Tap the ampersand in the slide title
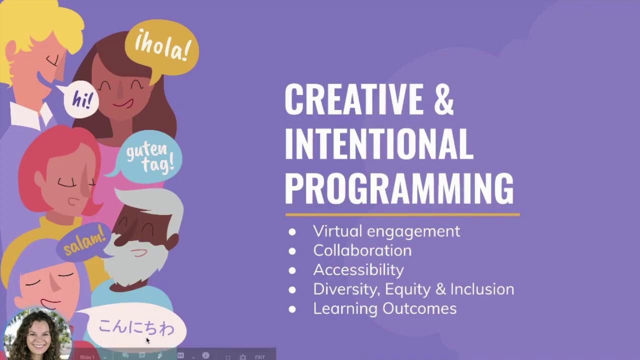tap(443, 99)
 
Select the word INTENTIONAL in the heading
tap(378, 143)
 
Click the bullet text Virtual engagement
tap(386, 231)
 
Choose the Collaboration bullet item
tap(362, 250)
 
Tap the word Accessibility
tap(358, 270)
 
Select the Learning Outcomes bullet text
tap(384, 308)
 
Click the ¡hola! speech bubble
tap(162, 48)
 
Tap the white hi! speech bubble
tap(81, 99)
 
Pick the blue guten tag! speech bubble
tap(149, 156)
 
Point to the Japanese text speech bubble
tap(135, 327)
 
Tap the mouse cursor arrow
tap(147, 340)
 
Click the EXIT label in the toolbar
tap(260, 357)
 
